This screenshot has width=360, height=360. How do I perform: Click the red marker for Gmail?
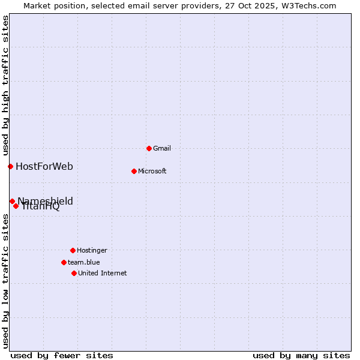pyautogui.click(x=149, y=148)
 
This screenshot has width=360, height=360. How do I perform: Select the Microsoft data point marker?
pyautogui.click(x=134, y=171)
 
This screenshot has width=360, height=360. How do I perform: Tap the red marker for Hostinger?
pyautogui.click(x=73, y=250)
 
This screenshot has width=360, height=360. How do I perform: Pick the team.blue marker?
pyautogui.click(x=64, y=262)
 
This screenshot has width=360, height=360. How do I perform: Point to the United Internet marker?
pyautogui.click(x=74, y=273)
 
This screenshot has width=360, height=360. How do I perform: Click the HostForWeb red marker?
pyautogui.click(x=10, y=166)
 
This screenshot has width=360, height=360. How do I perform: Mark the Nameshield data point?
pyautogui.click(x=12, y=201)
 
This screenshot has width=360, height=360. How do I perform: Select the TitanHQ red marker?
pyautogui.click(x=16, y=206)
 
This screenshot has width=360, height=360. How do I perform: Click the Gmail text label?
pyautogui.click(x=162, y=148)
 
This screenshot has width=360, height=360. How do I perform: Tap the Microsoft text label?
pyautogui.click(x=152, y=171)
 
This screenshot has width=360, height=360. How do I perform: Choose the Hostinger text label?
pyautogui.click(x=92, y=250)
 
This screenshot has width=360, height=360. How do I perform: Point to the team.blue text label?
pyautogui.click(x=84, y=262)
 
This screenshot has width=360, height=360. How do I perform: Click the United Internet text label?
pyautogui.click(x=103, y=273)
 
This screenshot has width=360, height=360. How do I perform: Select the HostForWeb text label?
pyautogui.click(x=44, y=166)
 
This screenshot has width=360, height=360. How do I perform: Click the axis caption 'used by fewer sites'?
pyautogui.click(x=62, y=355)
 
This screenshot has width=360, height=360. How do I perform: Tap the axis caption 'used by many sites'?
pyautogui.click(x=301, y=355)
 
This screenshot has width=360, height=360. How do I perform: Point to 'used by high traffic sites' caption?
pyautogui.click(x=5, y=86)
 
